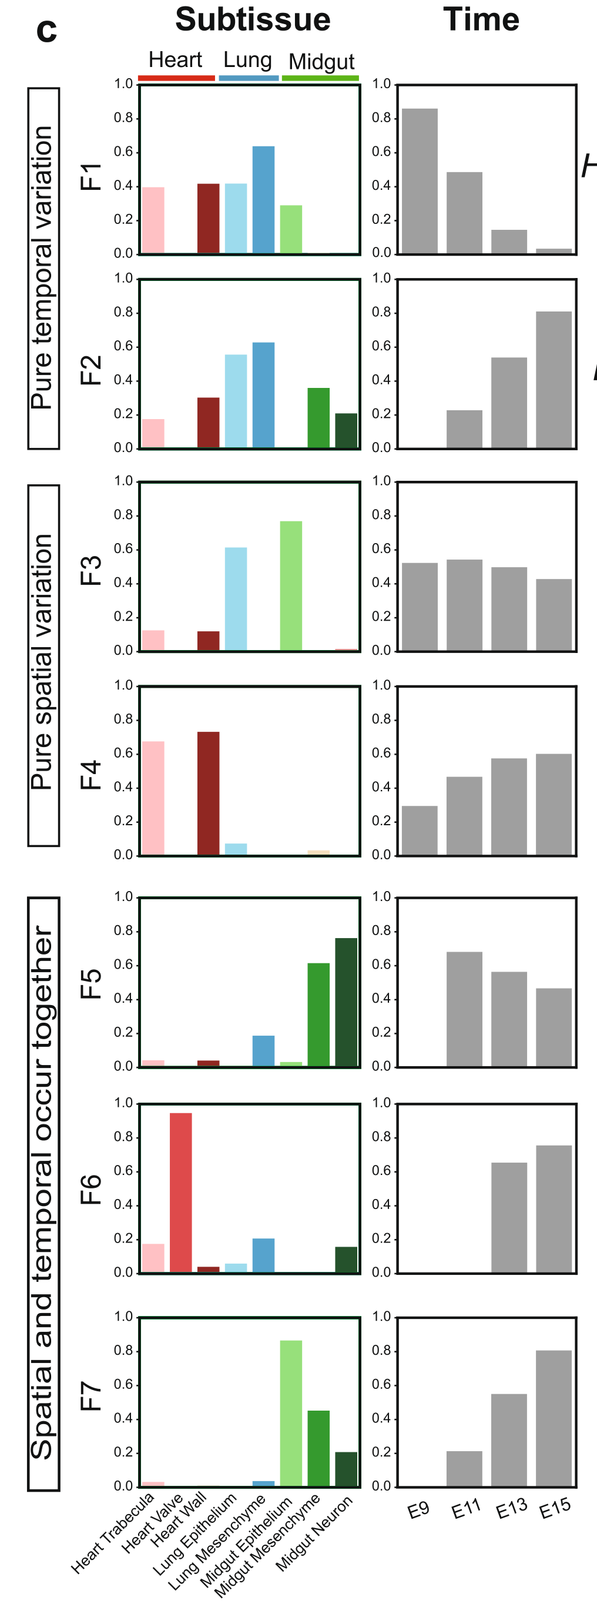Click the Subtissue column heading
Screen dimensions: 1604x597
tap(252, 20)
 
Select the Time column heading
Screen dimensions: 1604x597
tap(481, 20)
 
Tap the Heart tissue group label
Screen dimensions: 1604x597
tap(175, 60)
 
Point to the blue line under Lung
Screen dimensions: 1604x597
tap(249, 78)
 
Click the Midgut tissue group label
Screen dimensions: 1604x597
tap(321, 62)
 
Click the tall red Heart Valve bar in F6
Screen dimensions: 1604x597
tap(180, 1193)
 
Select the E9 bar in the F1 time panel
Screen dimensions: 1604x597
tap(420, 180)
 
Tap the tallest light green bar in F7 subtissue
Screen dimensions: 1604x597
tap(291, 1413)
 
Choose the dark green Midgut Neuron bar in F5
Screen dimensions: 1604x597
tap(346, 1002)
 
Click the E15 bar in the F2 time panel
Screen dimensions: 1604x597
tap(554, 379)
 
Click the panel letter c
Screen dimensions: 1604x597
tap(46, 29)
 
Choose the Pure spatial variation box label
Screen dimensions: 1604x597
tap(43, 665)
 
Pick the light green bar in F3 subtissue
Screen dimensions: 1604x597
tap(291, 585)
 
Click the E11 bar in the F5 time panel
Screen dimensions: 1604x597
tap(464, 1009)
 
